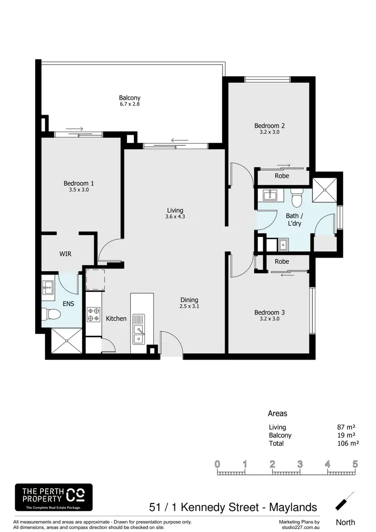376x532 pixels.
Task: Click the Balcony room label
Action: click(129, 98)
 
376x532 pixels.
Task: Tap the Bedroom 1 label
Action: click(79, 183)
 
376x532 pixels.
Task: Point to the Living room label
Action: click(175, 210)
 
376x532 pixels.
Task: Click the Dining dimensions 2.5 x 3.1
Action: click(190, 307)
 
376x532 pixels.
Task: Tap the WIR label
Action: click(65, 254)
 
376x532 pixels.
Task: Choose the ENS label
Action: click(68, 304)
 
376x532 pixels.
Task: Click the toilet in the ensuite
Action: click(51, 315)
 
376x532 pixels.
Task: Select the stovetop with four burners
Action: click(93, 314)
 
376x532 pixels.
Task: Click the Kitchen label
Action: click(116, 319)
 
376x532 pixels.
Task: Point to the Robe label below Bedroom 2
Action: click(282, 176)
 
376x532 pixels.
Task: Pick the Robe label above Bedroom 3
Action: click(282, 261)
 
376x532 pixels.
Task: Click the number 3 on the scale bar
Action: click(300, 464)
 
